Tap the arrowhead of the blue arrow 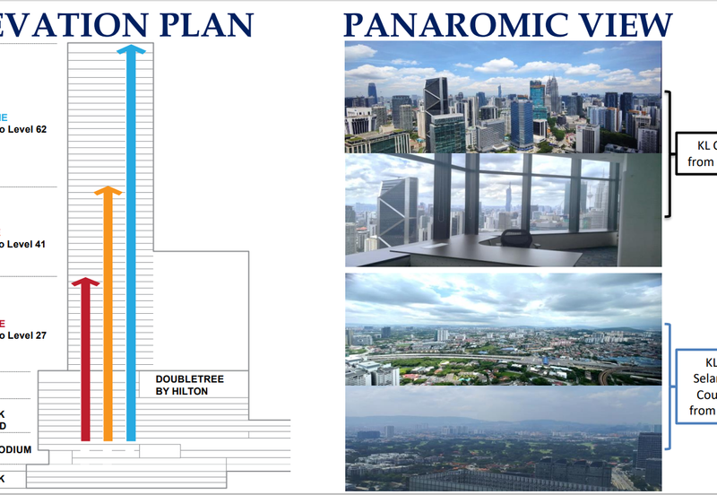[132, 49]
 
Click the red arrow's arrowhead [85, 283]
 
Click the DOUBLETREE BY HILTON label [190, 386]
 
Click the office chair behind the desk [514, 238]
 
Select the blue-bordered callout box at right [699, 386]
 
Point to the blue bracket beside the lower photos [669, 386]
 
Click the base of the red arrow [85, 437]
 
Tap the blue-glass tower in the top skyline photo [522, 121]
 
